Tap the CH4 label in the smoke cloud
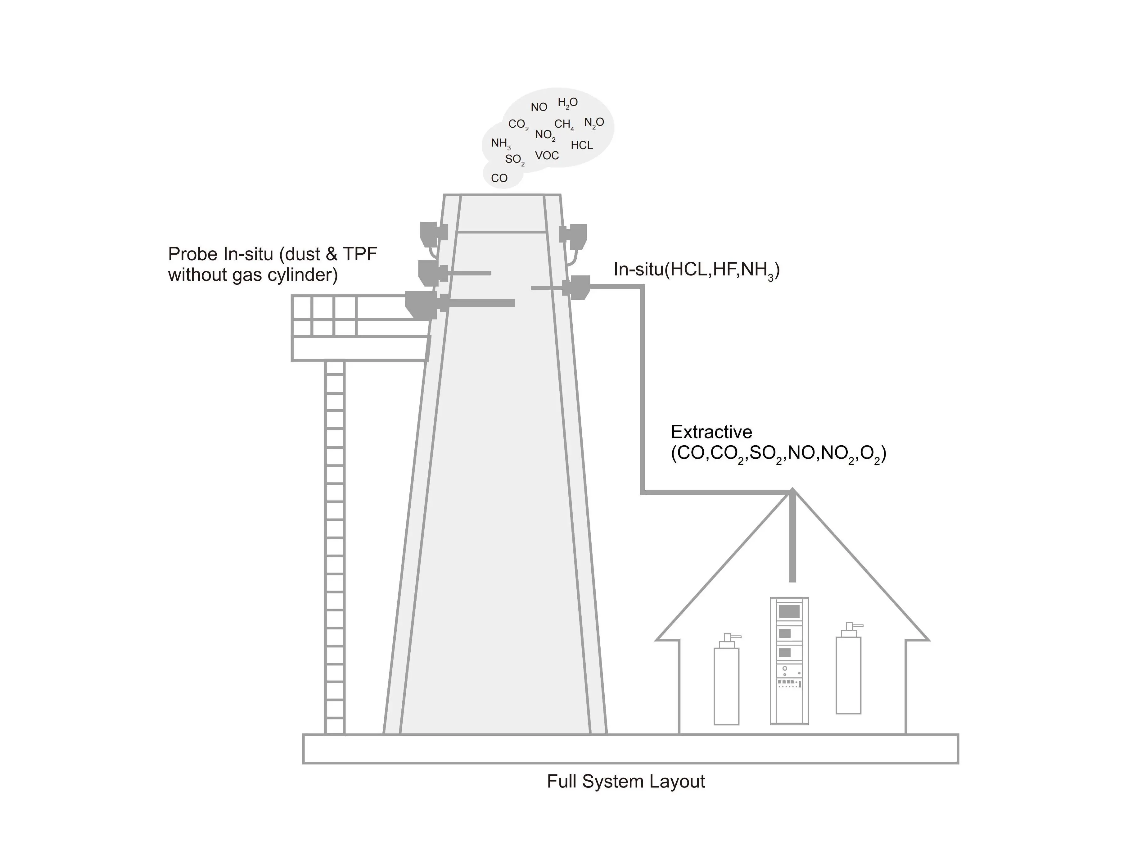tap(564, 125)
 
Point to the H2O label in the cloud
tap(567, 103)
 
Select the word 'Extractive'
tap(711, 432)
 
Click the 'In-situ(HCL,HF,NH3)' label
tap(697, 270)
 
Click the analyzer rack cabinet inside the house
tap(789, 661)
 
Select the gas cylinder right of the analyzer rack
tap(848, 674)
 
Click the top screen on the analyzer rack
tap(789, 611)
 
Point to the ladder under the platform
tap(335, 545)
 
